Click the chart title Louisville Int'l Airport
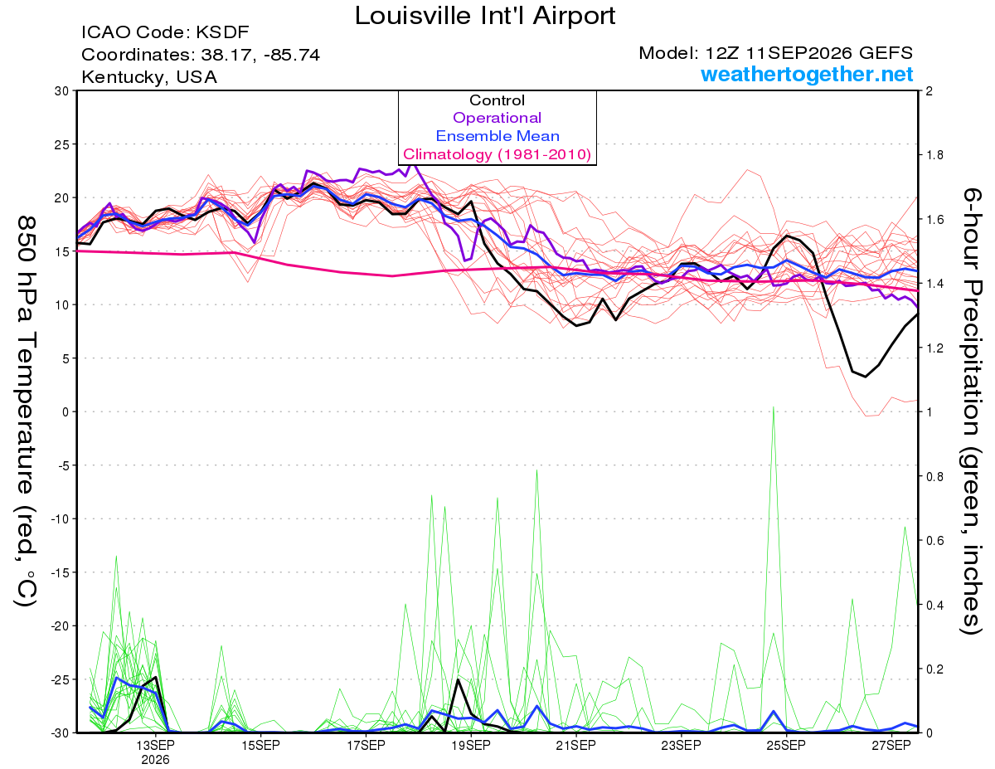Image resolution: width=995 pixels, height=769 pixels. [x=485, y=16]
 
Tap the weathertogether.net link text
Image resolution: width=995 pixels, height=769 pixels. [x=807, y=74]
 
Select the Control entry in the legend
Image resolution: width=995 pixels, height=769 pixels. [x=497, y=100]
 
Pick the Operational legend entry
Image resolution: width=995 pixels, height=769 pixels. [x=497, y=118]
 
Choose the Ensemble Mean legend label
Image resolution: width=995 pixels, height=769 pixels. [x=498, y=136]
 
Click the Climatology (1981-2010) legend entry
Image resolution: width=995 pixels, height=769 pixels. [x=497, y=154]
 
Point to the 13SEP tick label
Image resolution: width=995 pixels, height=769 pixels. [x=155, y=746]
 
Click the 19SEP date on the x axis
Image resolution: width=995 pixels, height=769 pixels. [x=471, y=746]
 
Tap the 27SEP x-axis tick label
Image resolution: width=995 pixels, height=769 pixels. [x=891, y=746]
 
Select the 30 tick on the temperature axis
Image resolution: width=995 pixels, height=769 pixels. [x=62, y=91]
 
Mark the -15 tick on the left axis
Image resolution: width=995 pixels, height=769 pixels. [x=59, y=572]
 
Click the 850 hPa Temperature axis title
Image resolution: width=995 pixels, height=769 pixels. [x=26, y=411]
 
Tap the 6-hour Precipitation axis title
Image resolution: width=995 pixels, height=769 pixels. [x=971, y=411]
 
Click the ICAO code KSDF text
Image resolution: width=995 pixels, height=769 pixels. [x=165, y=32]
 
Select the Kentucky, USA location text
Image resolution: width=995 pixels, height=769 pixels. [x=149, y=77]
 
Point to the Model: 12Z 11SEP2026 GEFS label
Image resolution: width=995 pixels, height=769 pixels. [x=775, y=53]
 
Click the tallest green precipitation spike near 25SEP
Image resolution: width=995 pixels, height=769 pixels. [x=774, y=406]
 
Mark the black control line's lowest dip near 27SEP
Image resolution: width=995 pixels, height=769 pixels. [x=865, y=377]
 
